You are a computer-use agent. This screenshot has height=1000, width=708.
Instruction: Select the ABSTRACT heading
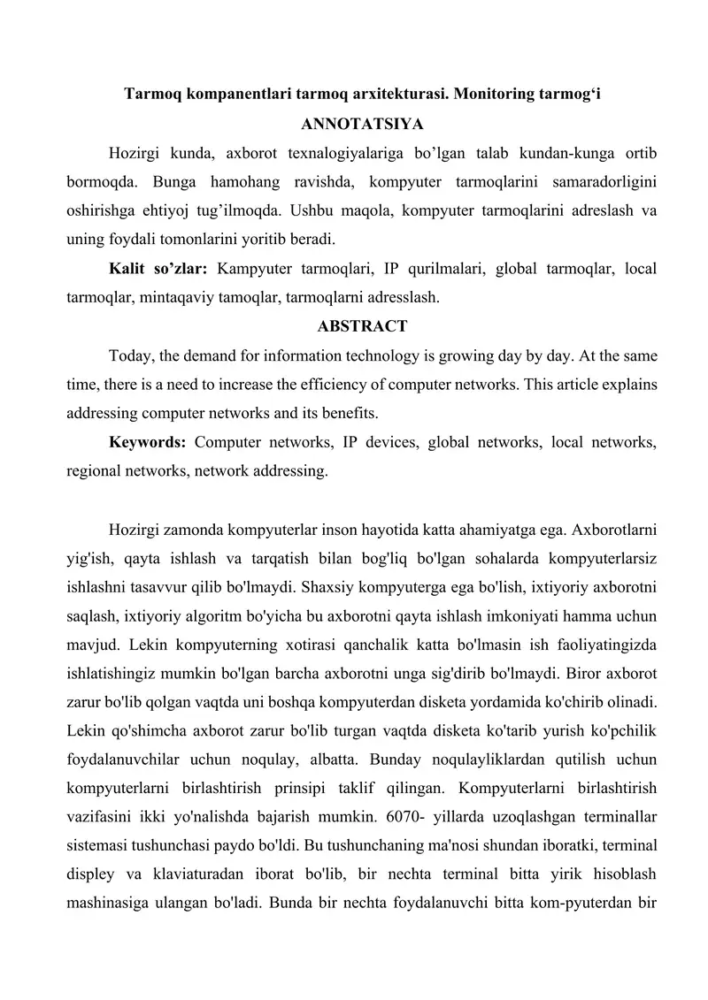click(x=362, y=326)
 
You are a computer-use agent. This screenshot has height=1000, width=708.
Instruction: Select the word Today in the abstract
click(x=129, y=355)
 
